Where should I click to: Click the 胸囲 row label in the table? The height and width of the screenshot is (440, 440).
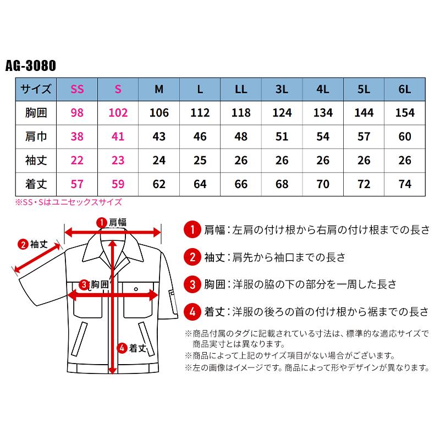(36, 113)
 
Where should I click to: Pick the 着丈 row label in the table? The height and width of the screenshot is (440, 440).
(36, 183)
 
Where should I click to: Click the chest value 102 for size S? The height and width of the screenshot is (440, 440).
(118, 113)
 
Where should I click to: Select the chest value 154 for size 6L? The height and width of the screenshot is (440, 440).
(405, 113)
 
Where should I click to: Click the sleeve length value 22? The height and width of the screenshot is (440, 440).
(78, 160)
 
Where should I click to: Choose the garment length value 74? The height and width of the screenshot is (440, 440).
(405, 183)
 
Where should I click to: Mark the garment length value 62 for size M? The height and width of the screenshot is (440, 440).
(159, 183)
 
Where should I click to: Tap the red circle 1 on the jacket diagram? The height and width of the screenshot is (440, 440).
(101, 223)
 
